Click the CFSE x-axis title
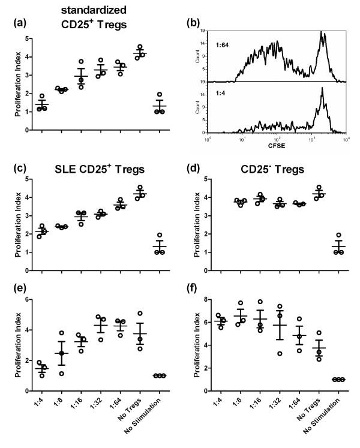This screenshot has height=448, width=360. coord(277,146)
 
